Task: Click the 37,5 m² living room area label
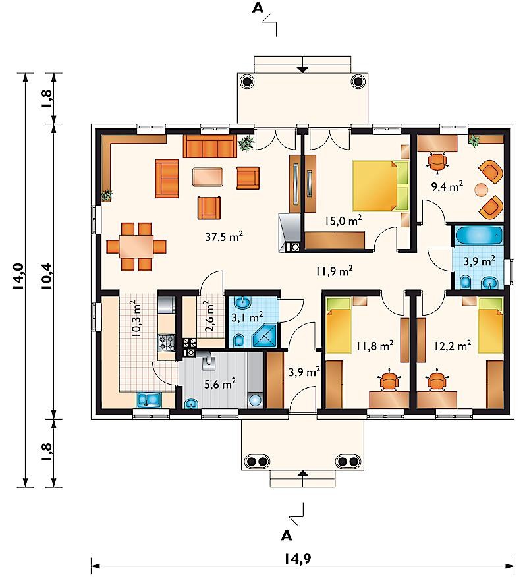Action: (x=224, y=236)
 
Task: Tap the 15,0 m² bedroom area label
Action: (x=343, y=221)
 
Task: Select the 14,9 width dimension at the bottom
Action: (x=297, y=559)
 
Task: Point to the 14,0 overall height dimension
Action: (x=18, y=277)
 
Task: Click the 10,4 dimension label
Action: (x=47, y=276)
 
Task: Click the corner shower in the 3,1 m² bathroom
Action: (x=264, y=336)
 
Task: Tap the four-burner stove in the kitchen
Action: (x=167, y=343)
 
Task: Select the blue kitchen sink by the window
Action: (x=149, y=400)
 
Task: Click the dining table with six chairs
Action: (x=136, y=246)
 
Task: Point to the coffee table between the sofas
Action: (x=208, y=177)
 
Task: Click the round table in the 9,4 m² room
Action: (x=482, y=190)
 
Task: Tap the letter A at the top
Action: (x=258, y=8)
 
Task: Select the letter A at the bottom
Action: (x=287, y=536)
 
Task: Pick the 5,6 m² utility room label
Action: (x=220, y=384)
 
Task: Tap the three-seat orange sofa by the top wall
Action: (x=210, y=146)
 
